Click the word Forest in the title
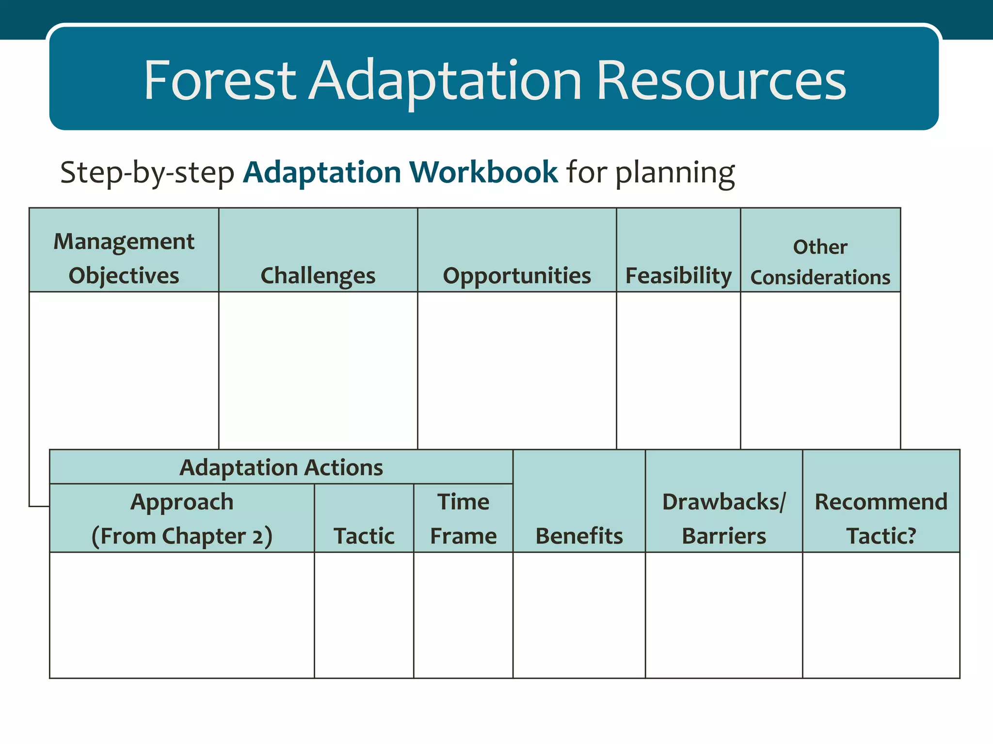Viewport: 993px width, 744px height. click(219, 80)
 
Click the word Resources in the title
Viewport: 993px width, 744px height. click(721, 80)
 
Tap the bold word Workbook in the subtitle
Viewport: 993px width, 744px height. click(483, 172)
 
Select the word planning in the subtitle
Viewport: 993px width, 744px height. click(674, 173)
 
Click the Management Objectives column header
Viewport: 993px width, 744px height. click(124, 258)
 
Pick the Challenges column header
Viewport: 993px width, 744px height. click(318, 275)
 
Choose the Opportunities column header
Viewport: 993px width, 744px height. click(517, 275)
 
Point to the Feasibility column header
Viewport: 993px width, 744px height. click(678, 275)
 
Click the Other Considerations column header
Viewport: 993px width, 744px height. click(820, 262)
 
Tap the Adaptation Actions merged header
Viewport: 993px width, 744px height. click(281, 467)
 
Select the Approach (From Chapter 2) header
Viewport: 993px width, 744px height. click(182, 518)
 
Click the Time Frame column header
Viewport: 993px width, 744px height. click(463, 518)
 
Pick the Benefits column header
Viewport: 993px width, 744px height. click(579, 535)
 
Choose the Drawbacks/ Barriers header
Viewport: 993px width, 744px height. click(724, 518)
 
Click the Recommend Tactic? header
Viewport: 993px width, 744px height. click(881, 518)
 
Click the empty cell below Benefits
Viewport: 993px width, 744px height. click(579, 615)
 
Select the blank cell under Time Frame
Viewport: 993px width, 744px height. click(463, 615)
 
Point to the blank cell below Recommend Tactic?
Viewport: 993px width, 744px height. click(881, 615)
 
